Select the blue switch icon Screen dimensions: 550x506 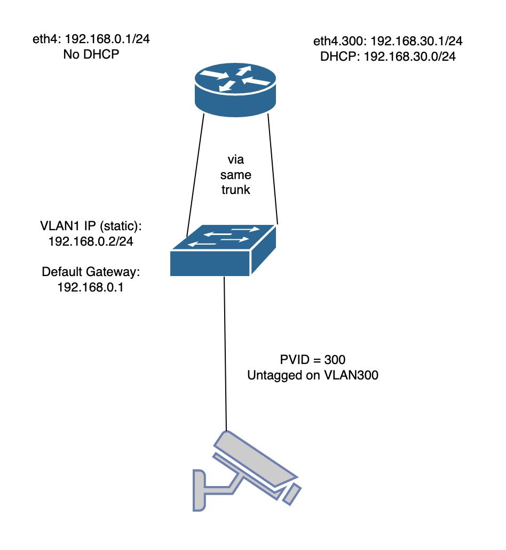224,250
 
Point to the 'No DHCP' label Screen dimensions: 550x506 89,54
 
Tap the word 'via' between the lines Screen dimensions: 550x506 235,160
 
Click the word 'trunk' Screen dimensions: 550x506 235,190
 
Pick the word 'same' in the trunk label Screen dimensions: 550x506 235,175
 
